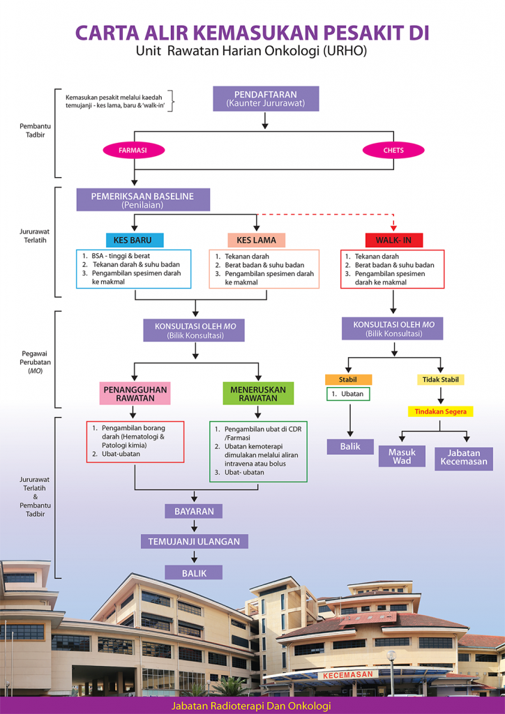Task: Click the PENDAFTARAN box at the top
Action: coord(265,98)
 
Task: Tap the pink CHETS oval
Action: coord(393,150)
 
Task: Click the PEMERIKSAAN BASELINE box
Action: coord(143,200)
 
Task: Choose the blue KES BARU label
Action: coord(133,240)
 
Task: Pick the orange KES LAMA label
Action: coord(256,240)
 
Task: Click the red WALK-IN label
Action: coord(393,240)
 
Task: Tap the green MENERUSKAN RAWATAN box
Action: coord(257,393)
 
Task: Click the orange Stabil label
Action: coord(348,380)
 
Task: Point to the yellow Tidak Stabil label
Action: coord(441,380)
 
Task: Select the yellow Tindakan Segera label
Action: coord(440,411)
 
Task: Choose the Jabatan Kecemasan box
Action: coord(463,457)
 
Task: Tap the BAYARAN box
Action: coord(194,511)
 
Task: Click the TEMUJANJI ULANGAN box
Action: coord(194,541)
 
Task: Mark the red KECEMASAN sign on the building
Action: coord(349,675)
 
